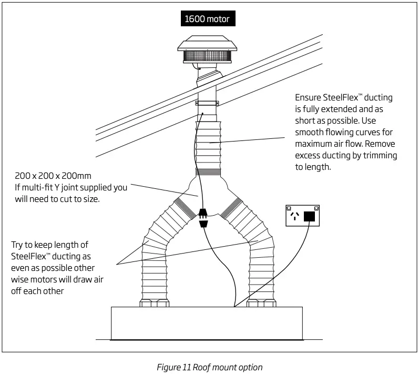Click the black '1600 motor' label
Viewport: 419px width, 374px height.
point(207,19)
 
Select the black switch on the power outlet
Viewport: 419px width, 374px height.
point(310,216)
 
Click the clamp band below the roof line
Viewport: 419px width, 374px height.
point(208,103)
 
